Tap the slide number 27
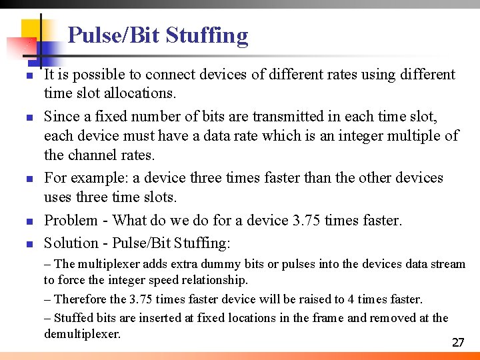pos(458,343)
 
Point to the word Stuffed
pos(75,318)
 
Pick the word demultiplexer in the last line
pos(82,333)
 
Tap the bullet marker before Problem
pos(29,221)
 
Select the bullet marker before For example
pos(29,179)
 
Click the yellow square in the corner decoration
pos(32,30)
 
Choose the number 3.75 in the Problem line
pos(308,220)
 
